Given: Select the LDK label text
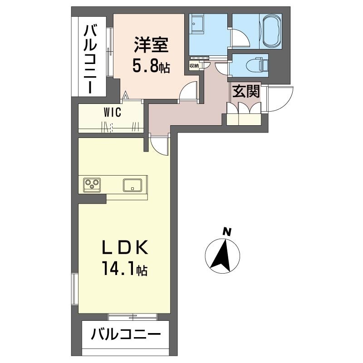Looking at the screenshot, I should [124, 248].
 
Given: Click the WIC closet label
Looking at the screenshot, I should [112, 113].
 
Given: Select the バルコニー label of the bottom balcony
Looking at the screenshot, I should [126, 336].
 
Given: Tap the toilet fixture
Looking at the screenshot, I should [260, 64].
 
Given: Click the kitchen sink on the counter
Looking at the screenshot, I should [132, 185].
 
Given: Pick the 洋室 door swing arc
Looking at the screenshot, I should [188, 93].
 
